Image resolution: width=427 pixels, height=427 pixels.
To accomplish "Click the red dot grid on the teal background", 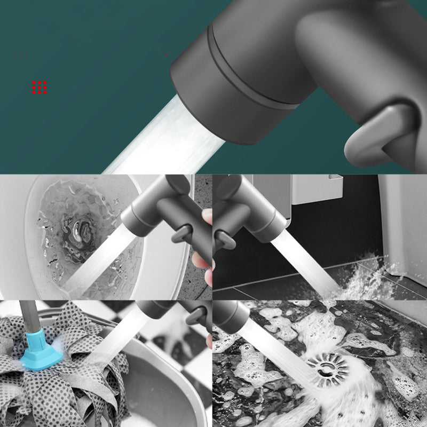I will coord(39,88).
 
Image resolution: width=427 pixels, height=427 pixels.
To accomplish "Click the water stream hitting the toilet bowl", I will coord(96,267).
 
